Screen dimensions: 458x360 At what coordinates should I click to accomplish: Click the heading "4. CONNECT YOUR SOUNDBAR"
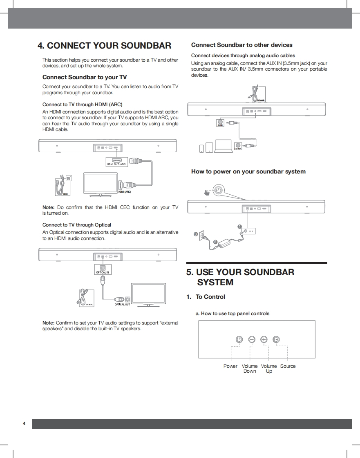[104, 45]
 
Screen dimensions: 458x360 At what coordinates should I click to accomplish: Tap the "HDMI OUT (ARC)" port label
[117, 164]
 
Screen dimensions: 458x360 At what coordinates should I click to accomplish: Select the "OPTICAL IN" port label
[103, 272]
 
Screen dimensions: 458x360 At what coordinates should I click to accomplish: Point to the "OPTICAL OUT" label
[122, 304]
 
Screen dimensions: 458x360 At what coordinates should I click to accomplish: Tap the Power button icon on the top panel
[239, 340]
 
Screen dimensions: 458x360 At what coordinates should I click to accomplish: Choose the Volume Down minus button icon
[252, 340]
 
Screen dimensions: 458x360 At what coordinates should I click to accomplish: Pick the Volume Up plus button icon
[264, 340]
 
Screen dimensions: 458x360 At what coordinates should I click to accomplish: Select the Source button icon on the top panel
[277, 340]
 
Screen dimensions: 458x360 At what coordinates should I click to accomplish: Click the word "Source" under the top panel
[288, 366]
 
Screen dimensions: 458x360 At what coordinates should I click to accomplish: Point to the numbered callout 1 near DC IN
[240, 227]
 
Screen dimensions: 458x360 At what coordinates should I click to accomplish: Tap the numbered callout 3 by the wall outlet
[196, 234]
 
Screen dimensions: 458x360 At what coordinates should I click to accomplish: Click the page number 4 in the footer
[24, 423]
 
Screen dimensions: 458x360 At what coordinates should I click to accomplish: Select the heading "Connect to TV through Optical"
[77, 225]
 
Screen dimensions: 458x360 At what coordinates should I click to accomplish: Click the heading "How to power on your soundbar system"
[248, 171]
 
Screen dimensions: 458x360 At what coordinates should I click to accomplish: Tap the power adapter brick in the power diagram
[225, 244]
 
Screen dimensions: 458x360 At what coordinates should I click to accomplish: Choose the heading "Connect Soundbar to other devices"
[242, 45]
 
